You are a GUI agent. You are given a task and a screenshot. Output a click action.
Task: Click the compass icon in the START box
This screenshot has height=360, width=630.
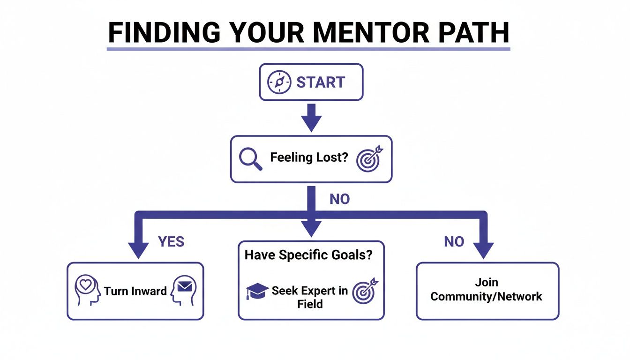279,82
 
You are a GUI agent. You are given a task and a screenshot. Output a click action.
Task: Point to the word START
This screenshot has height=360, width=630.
321,82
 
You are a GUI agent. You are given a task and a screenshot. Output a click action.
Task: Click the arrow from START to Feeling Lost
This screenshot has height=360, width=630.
311,118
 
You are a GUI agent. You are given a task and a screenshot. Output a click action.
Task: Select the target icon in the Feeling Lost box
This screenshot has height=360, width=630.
369,158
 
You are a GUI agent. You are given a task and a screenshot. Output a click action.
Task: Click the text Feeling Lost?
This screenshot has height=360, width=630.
309,157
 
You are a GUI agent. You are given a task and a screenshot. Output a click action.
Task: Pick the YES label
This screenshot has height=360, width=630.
171,242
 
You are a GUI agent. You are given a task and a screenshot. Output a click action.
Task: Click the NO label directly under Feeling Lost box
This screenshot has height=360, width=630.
339,199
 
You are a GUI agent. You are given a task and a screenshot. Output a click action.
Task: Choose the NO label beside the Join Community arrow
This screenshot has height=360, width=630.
454,242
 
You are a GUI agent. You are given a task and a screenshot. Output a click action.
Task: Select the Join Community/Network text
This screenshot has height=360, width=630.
486,290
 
